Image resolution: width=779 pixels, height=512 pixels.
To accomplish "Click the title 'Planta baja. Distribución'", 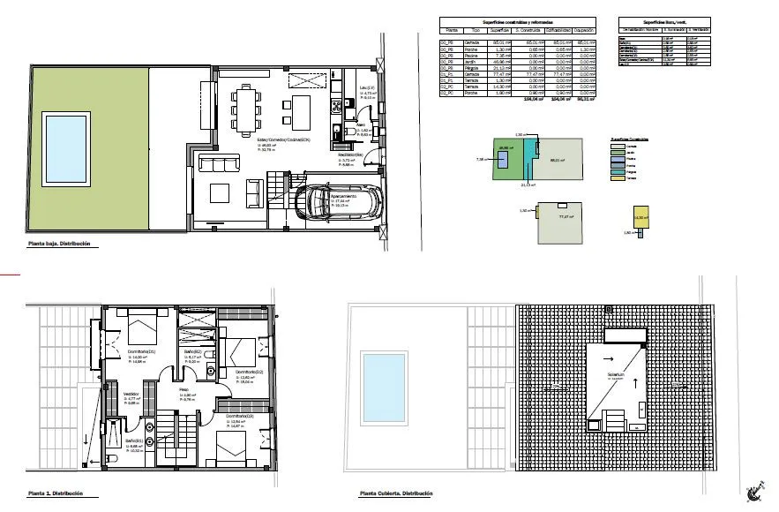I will pos(58,244).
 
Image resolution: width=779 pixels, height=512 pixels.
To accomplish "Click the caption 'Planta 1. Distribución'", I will pos(55,493).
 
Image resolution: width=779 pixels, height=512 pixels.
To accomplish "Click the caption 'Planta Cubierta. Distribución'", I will pos(396,493).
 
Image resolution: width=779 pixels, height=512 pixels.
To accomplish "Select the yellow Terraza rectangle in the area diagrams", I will pos(641,215).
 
